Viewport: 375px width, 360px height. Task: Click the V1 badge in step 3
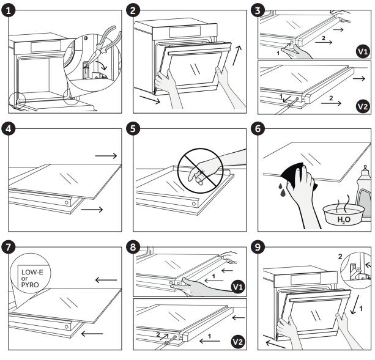click(362, 51)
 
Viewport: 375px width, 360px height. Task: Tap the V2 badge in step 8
click(237, 340)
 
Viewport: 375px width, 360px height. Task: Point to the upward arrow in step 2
click(237, 55)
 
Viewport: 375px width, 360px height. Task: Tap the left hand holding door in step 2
click(163, 83)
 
